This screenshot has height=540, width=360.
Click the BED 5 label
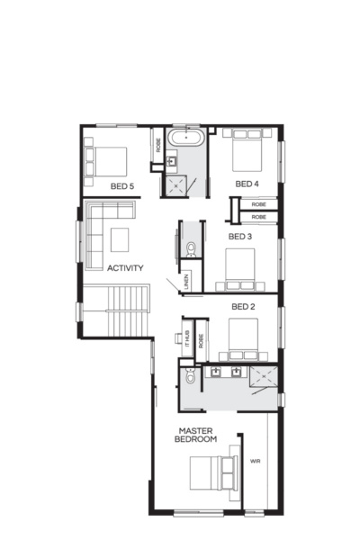(x=121, y=186)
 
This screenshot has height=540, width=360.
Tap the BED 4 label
(x=247, y=184)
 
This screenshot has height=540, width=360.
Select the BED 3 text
(x=239, y=237)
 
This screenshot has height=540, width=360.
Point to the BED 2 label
(x=243, y=307)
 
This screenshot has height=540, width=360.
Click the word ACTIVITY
(x=125, y=268)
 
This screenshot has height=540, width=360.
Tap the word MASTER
(x=195, y=430)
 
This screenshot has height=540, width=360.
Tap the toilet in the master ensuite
(x=189, y=375)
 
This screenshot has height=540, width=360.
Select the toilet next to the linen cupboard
(x=190, y=247)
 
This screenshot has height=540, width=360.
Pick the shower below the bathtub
(x=175, y=184)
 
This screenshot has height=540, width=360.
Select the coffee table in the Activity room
(x=121, y=239)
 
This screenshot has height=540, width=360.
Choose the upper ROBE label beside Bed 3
(x=258, y=206)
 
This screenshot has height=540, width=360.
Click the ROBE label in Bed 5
(x=158, y=148)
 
